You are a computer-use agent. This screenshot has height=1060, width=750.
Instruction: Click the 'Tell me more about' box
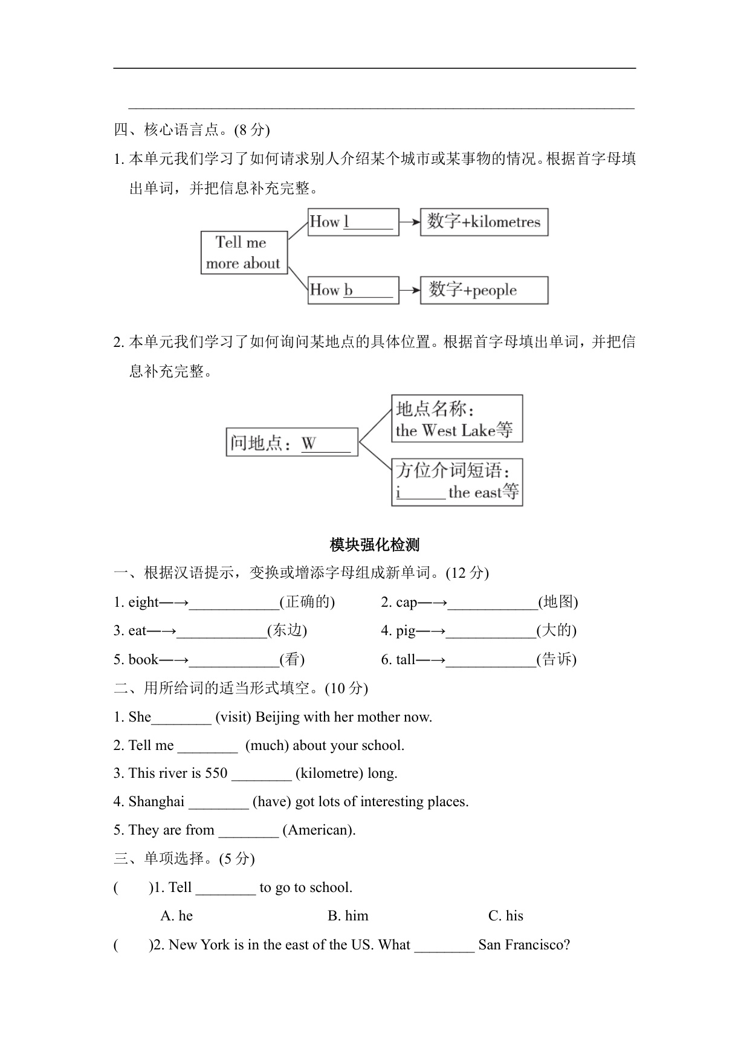(x=244, y=253)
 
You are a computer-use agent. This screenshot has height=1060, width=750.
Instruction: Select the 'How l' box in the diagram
(x=353, y=222)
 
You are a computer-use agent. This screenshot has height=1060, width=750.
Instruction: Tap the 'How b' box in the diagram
(x=353, y=290)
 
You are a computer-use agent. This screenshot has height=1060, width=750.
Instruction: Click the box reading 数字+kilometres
(x=483, y=222)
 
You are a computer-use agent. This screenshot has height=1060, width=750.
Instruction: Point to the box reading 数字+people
(x=483, y=290)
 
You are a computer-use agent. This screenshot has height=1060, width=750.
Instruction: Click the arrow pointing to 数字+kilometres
(x=410, y=222)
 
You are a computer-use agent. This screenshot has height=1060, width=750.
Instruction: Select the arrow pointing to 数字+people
(x=410, y=290)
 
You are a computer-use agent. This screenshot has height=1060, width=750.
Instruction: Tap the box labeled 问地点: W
(x=291, y=442)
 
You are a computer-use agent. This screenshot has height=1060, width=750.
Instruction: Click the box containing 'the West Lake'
(x=456, y=419)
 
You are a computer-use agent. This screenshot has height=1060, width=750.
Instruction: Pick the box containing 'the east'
(x=456, y=482)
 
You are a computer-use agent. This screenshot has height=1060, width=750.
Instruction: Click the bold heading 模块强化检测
(x=375, y=545)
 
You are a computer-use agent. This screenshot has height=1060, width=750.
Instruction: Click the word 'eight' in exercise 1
(x=143, y=602)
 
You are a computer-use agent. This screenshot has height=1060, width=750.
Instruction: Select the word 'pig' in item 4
(x=406, y=630)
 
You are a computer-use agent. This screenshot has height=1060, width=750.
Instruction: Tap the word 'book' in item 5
(x=143, y=659)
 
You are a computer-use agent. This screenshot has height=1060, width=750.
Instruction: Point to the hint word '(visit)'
(x=233, y=717)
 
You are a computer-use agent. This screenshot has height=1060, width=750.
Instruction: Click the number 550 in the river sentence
(x=216, y=773)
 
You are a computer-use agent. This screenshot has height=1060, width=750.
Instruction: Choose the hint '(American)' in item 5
(x=318, y=830)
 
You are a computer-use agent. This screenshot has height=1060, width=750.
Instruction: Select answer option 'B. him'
(x=348, y=916)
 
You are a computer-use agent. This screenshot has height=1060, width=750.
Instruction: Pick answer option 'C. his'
(x=505, y=916)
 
